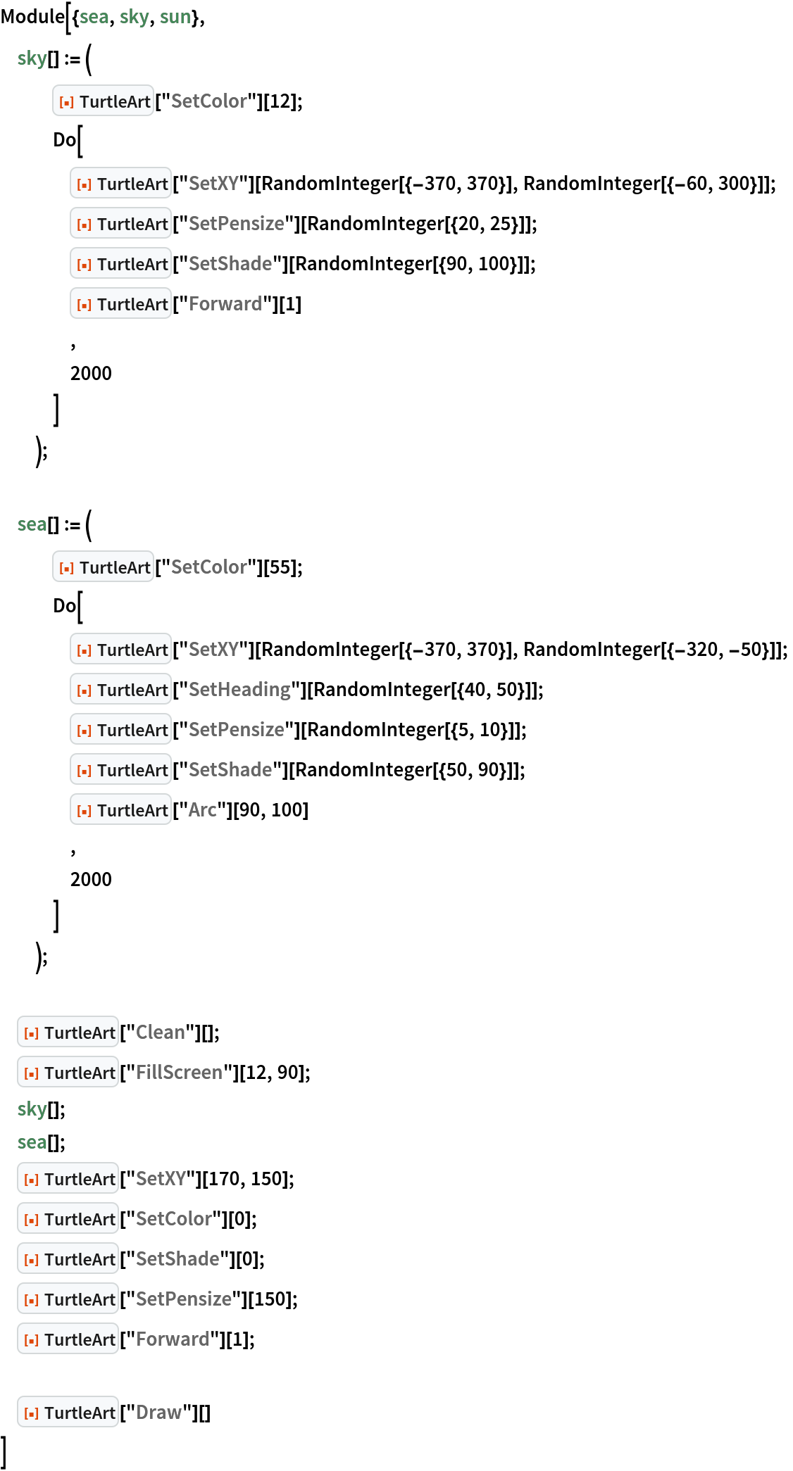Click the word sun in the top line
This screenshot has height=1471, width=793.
[x=175, y=17]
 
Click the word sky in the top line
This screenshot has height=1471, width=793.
[x=134, y=17]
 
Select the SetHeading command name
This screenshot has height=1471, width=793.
[x=239, y=689]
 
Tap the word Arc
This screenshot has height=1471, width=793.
[x=202, y=809]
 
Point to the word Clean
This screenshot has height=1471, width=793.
[x=160, y=1032]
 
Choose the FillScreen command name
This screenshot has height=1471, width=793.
[x=179, y=1072]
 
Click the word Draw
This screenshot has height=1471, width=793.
[x=158, y=1412]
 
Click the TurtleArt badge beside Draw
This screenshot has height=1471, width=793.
[x=68, y=1412]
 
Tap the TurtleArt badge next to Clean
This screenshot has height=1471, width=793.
[x=68, y=1032]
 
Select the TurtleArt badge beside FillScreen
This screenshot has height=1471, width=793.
[x=68, y=1072]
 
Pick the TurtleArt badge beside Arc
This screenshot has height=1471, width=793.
[x=121, y=809]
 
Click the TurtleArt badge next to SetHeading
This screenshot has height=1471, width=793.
[x=121, y=689]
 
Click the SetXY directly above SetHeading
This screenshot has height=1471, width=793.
[x=213, y=649]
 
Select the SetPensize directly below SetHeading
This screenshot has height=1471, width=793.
[x=236, y=729]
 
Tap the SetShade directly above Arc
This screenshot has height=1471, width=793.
[x=230, y=769]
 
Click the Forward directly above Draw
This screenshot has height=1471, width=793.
[x=172, y=1339]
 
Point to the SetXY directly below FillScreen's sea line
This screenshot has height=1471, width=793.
[x=161, y=1178]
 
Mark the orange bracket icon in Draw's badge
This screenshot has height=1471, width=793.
[x=32, y=1413]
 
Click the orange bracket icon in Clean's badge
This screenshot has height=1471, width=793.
[x=32, y=1033]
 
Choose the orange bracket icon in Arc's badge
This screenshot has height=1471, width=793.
[x=85, y=811]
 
